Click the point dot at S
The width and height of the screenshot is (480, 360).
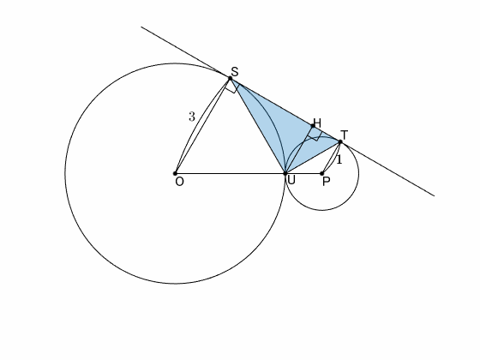(x=231, y=78)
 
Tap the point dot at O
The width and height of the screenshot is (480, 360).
(x=175, y=173)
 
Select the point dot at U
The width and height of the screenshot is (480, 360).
(x=285, y=173)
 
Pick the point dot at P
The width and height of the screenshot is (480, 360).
(x=322, y=173)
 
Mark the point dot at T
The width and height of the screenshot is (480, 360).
(x=340, y=141)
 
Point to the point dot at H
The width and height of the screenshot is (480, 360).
(x=313, y=126)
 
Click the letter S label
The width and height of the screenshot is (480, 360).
(x=235, y=72)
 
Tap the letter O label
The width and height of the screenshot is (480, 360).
(x=180, y=182)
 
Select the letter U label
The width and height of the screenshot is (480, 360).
(x=291, y=180)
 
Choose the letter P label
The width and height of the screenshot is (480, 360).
(x=327, y=182)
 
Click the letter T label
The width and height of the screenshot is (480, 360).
(x=345, y=135)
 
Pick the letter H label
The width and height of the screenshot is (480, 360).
(x=317, y=123)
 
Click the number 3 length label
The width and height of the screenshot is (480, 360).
(x=192, y=117)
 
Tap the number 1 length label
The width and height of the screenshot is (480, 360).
(x=339, y=159)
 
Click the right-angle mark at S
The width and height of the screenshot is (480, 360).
(x=232, y=87)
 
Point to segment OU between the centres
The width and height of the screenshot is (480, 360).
(x=231, y=173)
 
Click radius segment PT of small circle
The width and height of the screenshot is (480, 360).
(x=331, y=158)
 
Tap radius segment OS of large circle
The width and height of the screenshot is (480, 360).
(x=202, y=126)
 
